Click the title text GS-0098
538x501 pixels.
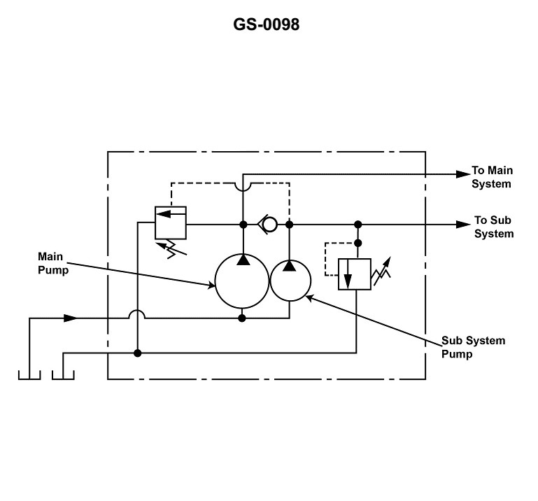point(267,25)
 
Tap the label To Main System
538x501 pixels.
point(492,177)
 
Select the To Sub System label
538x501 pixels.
point(493,227)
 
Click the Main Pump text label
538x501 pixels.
point(54,264)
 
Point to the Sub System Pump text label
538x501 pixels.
point(473,347)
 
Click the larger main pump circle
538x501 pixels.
point(241,281)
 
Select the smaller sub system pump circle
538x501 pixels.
point(290,280)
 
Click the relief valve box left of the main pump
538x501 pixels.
point(171,223)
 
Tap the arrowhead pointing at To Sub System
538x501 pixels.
point(462,224)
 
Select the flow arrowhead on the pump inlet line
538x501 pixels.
point(70,318)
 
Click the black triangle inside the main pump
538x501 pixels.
point(241,260)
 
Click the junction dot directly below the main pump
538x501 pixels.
point(241,318)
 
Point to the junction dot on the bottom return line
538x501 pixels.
point(138,353)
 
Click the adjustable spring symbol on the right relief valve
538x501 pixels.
point(381,272)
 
